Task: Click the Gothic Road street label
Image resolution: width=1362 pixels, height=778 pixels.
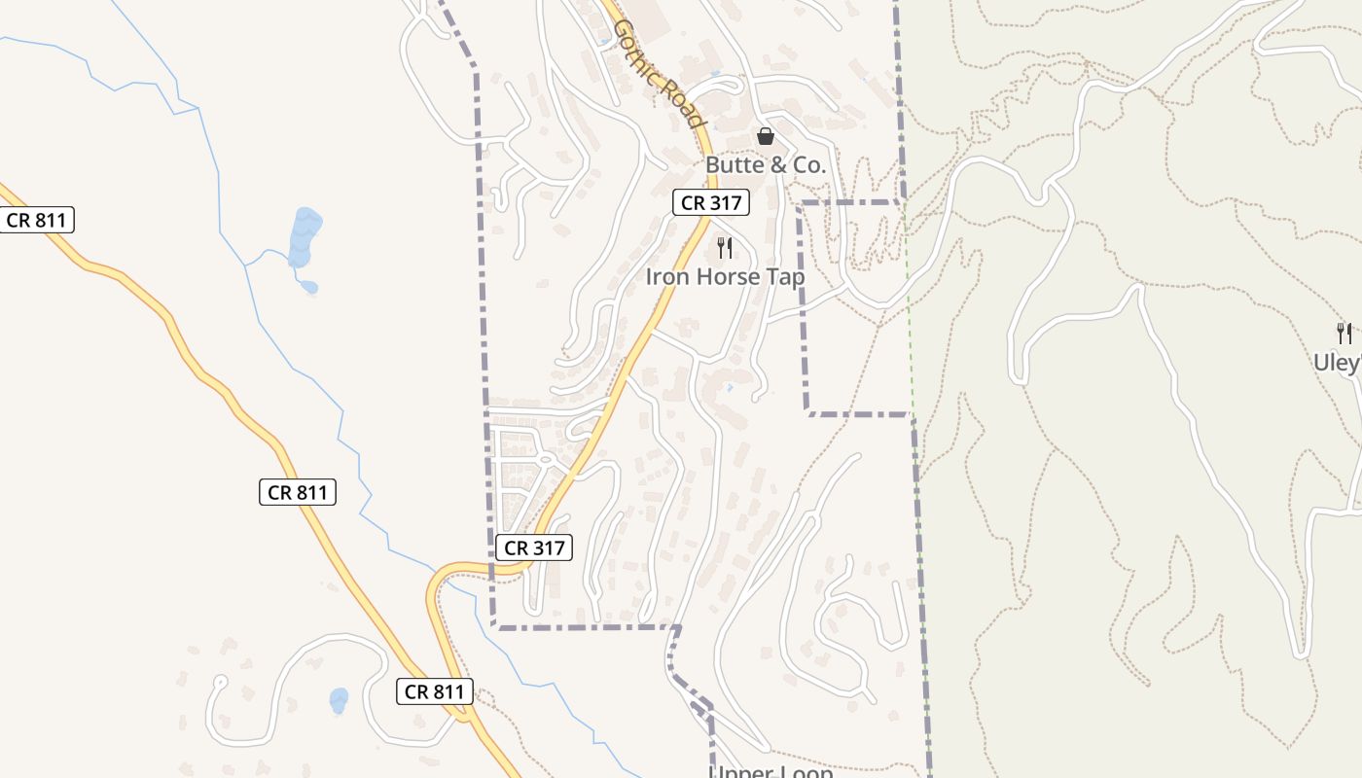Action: (658, 74)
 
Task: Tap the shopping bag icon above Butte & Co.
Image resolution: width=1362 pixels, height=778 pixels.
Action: (766, 136)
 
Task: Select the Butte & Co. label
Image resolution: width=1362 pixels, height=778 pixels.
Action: (766, 165)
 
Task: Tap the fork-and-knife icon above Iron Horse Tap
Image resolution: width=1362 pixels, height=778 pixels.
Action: (724, 248)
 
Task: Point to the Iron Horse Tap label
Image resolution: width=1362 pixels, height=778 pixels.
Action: (725, 277)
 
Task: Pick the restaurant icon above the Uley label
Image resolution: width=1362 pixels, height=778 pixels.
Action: (1344, 334)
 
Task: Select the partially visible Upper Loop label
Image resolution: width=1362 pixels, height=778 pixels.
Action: (771, 771)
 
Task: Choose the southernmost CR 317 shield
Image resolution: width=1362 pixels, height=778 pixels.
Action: (534, 548)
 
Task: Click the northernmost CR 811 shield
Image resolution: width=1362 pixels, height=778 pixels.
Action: (37, 220)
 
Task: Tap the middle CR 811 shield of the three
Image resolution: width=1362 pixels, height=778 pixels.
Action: (298, 492)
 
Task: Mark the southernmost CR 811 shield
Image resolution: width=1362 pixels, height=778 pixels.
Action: (435, 691)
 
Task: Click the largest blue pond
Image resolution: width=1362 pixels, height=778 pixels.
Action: (305, 235)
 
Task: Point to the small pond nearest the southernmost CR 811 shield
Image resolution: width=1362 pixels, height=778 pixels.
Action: (339, 700)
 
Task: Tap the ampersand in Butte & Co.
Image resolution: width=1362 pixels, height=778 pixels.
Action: (778, 165)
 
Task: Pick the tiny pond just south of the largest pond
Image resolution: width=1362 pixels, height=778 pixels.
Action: (308, 286)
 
